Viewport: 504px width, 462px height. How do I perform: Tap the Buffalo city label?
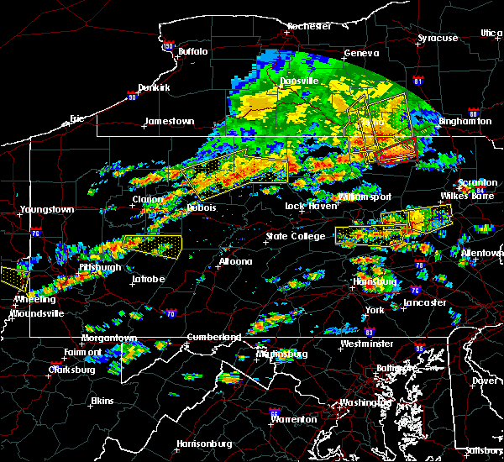pos(192,52)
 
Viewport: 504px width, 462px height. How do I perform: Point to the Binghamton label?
pos(465,121)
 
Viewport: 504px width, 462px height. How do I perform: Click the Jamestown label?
pos(169,121)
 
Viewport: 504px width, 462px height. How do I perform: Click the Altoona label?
pos(235,261)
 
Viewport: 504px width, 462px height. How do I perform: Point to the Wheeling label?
pos(34,299)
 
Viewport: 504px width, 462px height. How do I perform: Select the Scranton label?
pos(477,183)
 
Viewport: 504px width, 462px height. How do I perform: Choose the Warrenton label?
pos(294,418)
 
